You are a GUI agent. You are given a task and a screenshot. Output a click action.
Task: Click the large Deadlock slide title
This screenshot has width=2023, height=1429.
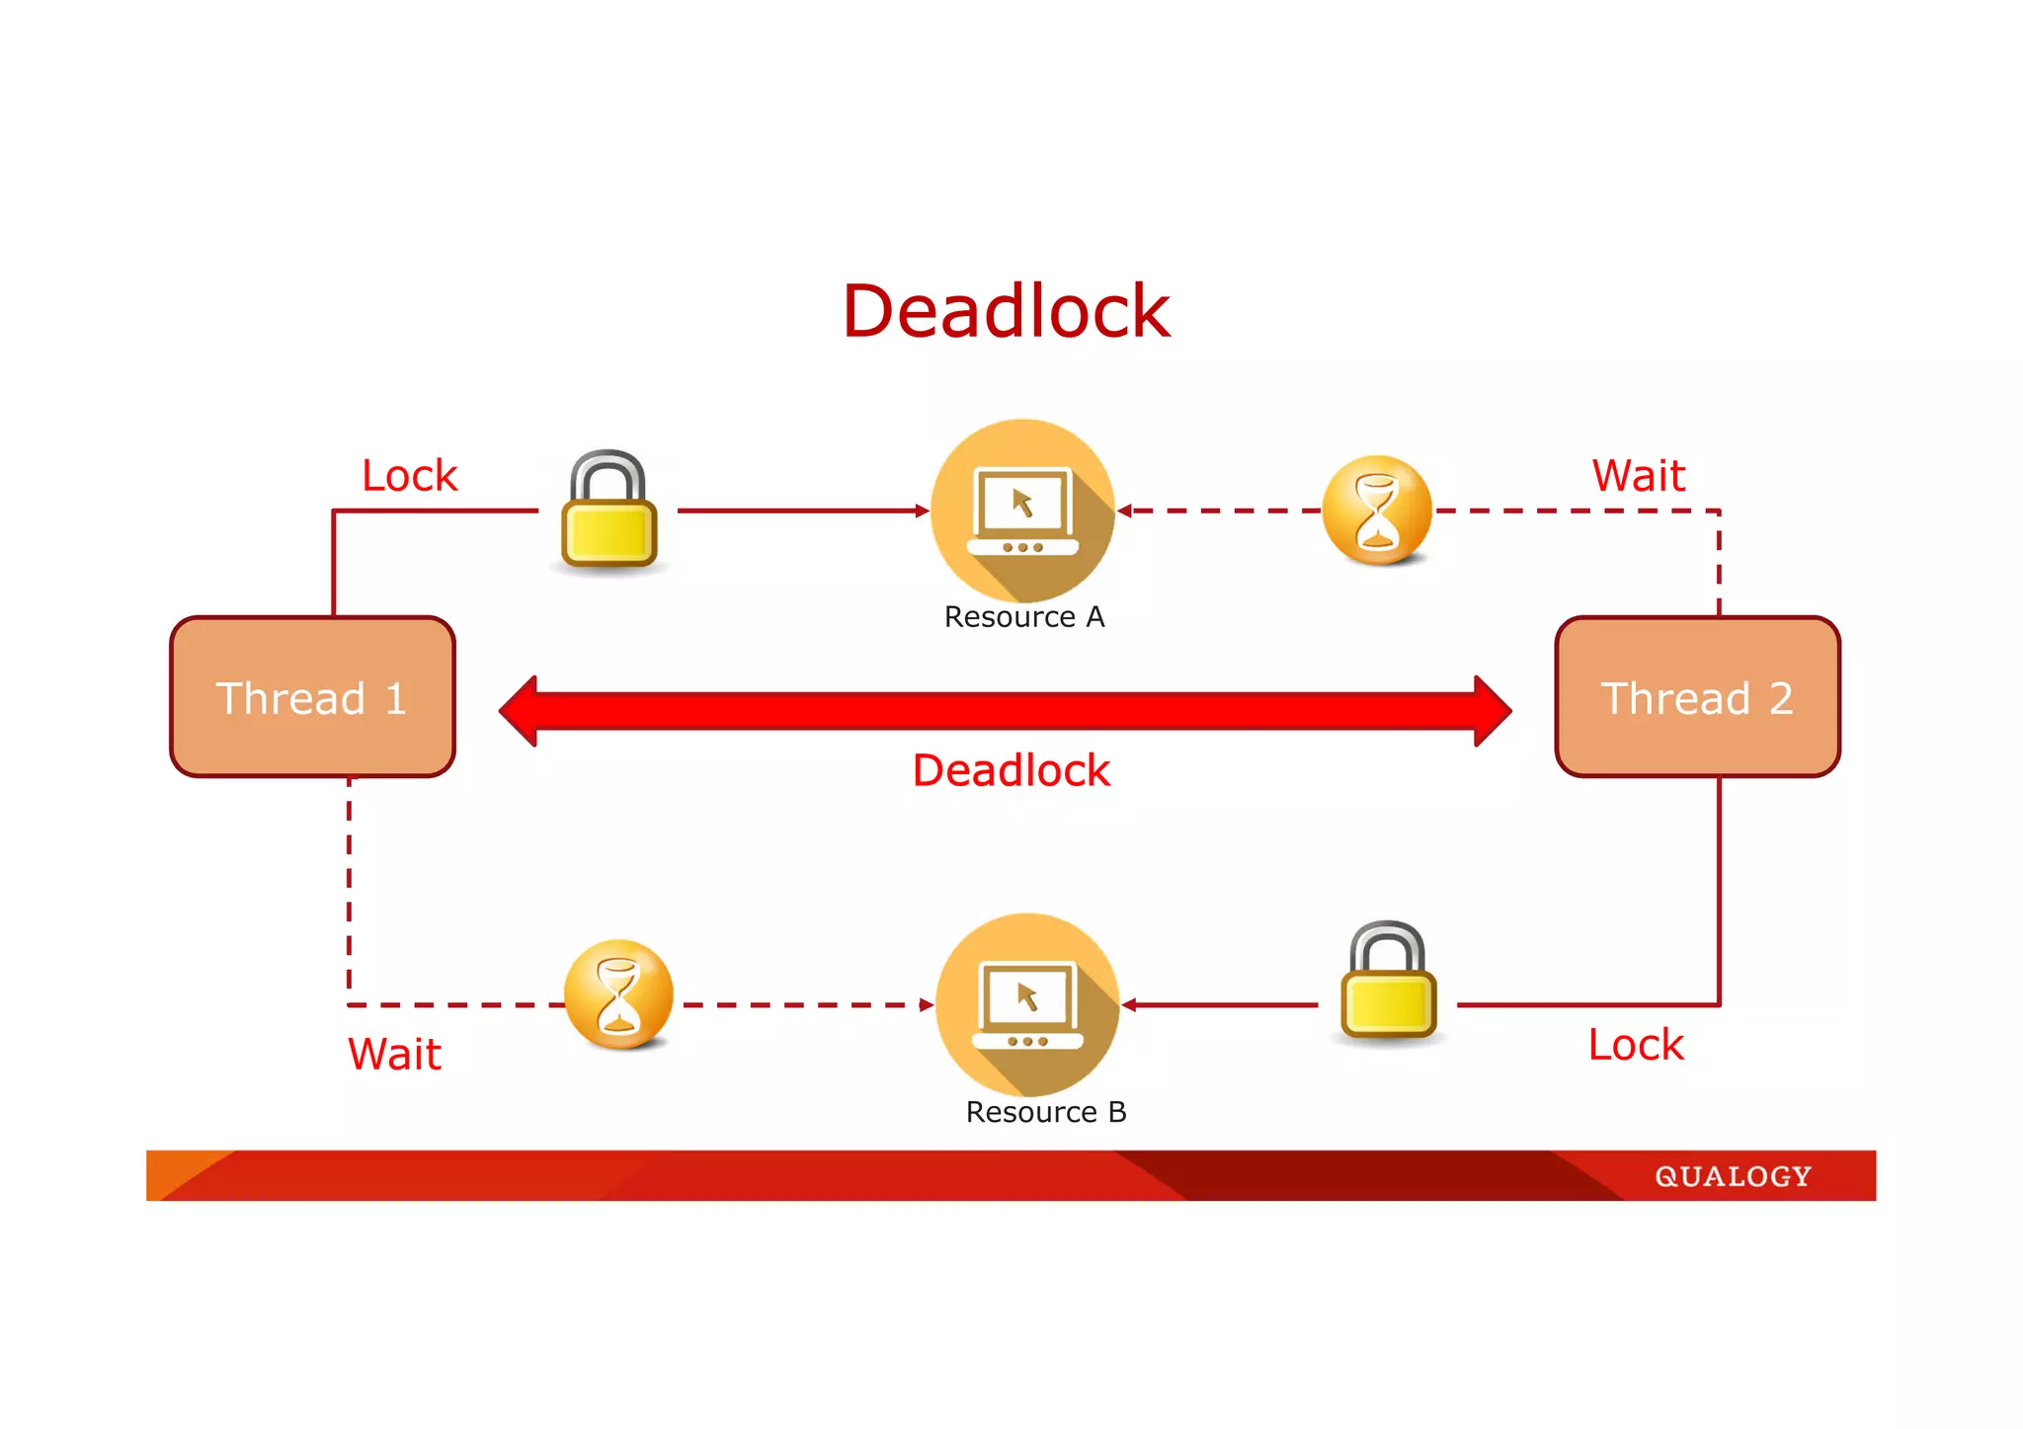(1006, 312)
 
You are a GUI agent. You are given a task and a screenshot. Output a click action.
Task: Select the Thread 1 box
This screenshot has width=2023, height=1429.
(312, 697)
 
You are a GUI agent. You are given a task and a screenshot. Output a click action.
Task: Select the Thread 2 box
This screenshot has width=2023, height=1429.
(1697, 697)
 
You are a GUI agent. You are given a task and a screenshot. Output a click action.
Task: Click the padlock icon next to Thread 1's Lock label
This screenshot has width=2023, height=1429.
(608, 511)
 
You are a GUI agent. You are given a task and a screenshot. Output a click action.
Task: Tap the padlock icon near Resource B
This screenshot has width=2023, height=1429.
(1388, 983)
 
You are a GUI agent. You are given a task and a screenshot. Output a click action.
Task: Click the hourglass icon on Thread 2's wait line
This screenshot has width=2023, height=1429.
(1377, 511)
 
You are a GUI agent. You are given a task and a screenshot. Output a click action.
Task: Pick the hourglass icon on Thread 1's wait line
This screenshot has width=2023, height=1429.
(618, 994)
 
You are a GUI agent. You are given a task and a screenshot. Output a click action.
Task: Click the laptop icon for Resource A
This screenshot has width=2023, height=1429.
(1022, 511)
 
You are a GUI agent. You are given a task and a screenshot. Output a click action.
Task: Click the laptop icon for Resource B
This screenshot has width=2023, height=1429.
(1027, 1004)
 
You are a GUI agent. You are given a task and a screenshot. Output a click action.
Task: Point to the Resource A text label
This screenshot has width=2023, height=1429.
(1024, 617)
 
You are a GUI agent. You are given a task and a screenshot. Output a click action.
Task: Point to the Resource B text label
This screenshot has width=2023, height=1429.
(1046, 1112)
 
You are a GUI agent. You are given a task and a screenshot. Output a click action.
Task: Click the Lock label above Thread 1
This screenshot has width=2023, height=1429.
(409, 476)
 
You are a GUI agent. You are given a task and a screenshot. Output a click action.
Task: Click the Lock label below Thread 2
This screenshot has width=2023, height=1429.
(1636, 1045)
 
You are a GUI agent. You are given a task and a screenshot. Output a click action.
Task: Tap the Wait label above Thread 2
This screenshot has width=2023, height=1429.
(1639, 476)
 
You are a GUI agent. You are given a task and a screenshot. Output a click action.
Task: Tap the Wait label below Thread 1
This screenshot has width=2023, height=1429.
(394, 1054)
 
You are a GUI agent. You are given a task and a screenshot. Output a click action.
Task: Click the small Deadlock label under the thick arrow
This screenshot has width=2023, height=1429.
(1011, 770)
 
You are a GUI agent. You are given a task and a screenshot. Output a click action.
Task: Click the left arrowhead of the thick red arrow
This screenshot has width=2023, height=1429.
(520, 710)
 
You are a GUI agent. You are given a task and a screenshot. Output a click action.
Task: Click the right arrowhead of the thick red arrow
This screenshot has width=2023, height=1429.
(1492, 710)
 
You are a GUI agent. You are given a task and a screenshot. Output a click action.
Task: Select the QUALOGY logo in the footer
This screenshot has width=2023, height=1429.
(1733, 1176)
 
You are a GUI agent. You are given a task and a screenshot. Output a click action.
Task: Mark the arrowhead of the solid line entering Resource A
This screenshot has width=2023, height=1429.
(923, 511)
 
